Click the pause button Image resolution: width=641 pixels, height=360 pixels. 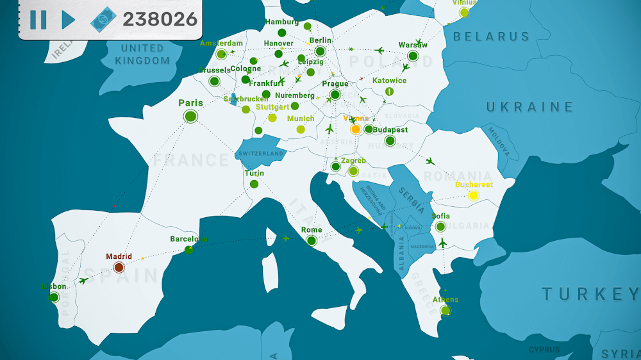pyautogui.click(x=38, y=20)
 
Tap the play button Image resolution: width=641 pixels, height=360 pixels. pyautogui.click(x=67, y=20)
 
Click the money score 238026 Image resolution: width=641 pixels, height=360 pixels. pyautogui.click(x=160, y=19)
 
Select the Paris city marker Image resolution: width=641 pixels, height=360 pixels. pyautogui.click(x=190, y=116)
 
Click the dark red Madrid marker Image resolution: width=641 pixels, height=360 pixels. pyautogui.click(x=119, y=267)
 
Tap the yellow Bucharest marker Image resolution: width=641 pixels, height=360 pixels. pyautogui.click(x=474, y=195)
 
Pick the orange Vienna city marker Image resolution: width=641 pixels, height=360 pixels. pyautogui.click(x=356, y=129)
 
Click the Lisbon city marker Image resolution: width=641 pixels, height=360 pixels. pyautogui.click(x=54, y=297)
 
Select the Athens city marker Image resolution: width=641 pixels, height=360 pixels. pyautogui.click(x=445, y=311)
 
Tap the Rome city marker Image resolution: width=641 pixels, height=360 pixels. pyautogui.click(x=312, y=241)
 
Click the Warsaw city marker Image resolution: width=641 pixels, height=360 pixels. pyautogui.click(x=413, y=56)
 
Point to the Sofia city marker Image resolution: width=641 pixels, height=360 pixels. pyautogui.click(x=440, y=227)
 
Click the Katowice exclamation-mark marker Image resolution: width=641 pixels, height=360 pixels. pyautogui.click(x=389, y=92)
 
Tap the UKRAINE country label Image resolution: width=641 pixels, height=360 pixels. pyautogui.click(x=529, y=107)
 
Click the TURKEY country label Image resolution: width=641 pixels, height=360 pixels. pyautogui.click(x=590, y=294)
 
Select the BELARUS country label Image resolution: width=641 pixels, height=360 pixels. pyautogui.click(x=491, y=37)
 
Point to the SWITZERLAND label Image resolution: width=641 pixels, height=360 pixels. pyautogui.click(x=260, y=154)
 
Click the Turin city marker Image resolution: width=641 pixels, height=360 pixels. pyautogui.click(x=254, y=184)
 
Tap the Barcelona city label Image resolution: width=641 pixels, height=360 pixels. pyautogui.click(x=189, y=239)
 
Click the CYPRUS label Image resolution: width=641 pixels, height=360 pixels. pyautogui.click(x=544, y=350)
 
